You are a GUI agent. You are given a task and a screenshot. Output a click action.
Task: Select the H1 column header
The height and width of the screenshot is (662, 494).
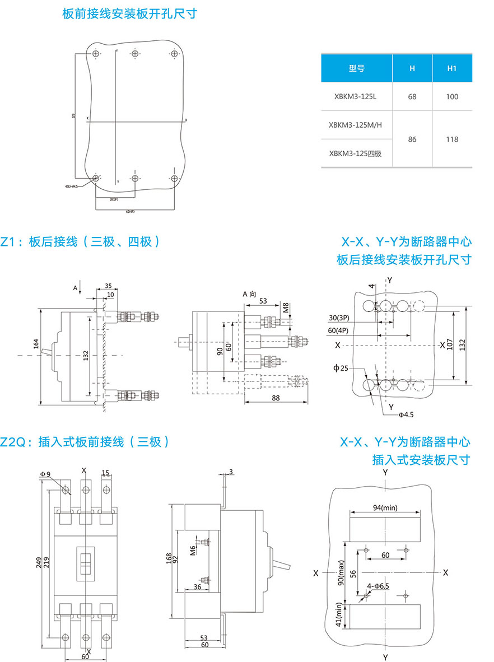[452, 68]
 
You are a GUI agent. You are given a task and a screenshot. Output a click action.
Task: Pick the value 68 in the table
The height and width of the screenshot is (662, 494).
[412, 97]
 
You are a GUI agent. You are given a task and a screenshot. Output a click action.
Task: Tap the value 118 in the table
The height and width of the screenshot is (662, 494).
[452, 139]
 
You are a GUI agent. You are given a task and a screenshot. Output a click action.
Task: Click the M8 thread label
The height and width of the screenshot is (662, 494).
[286, 307]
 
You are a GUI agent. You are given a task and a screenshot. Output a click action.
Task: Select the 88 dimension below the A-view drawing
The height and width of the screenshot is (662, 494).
[276, 397]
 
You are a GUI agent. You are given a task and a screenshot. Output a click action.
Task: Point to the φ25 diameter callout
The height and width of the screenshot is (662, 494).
[340, 368]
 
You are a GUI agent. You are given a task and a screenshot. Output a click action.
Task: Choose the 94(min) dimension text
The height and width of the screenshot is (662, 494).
[385, 507]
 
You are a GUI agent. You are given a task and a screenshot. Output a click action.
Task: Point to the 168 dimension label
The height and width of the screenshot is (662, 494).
[169, 558]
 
